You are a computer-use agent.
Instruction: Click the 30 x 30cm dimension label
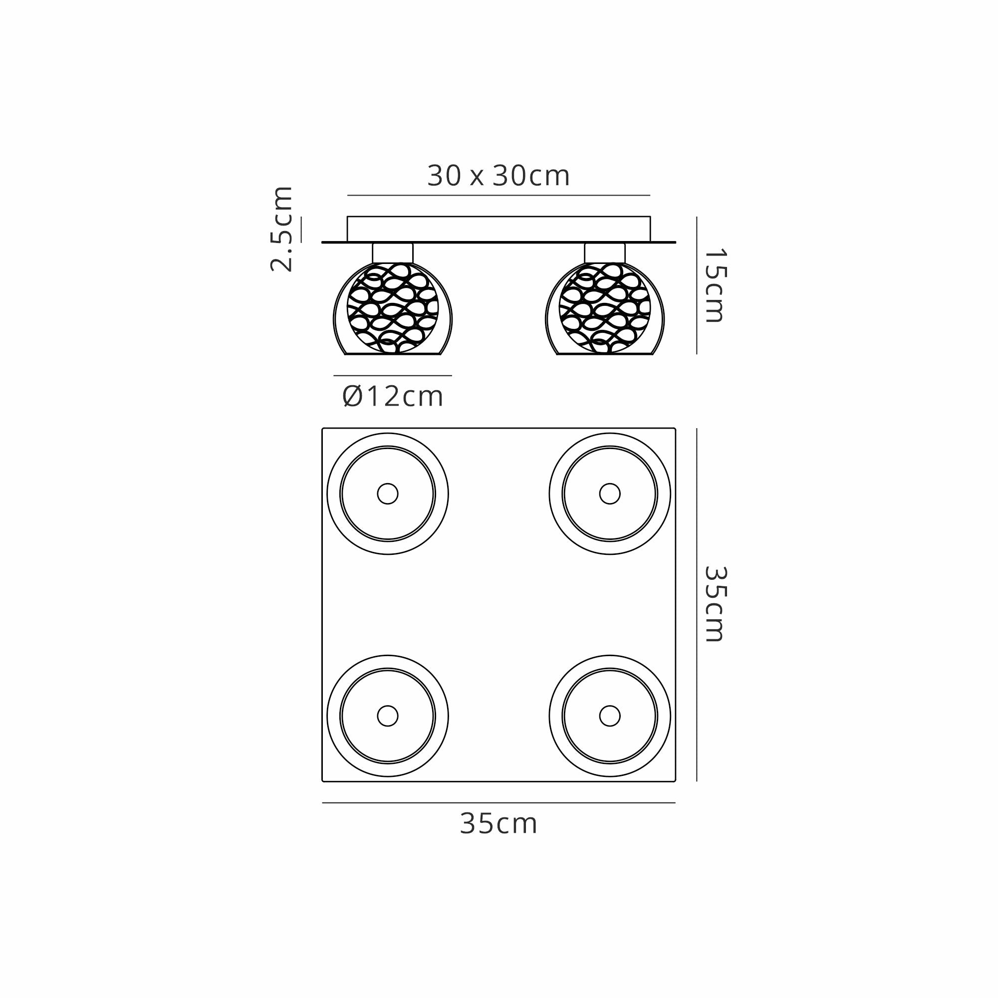499,176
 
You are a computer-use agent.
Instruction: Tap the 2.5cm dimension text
282,229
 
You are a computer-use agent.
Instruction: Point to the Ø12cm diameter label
393,397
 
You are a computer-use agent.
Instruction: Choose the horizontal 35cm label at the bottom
499,823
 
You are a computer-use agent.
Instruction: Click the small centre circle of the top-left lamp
387,494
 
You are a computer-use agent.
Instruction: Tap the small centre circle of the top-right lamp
610,494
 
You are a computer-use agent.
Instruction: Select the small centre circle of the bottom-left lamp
387,716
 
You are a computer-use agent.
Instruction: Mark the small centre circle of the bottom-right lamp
610,716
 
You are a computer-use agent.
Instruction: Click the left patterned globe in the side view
393,308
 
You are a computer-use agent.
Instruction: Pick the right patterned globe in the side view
605,308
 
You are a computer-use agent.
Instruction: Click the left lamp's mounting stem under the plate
393,252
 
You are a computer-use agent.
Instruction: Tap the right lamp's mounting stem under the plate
605,252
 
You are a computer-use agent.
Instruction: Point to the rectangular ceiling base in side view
499,229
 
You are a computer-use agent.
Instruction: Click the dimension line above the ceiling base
499,195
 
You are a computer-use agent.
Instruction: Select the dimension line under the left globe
393,376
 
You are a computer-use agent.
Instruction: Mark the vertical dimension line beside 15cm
696,285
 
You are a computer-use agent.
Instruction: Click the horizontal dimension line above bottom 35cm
499,803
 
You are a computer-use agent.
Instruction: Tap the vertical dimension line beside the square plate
696,604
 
